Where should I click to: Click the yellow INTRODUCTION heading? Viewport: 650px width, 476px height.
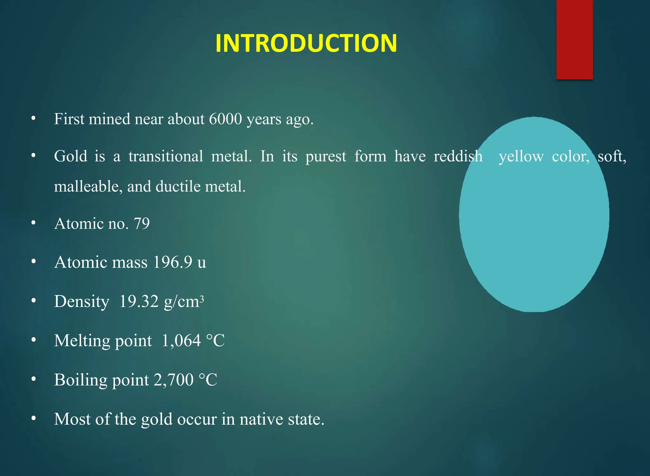[x=306, y=43]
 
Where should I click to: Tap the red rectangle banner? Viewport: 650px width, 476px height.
[x=574, y=40]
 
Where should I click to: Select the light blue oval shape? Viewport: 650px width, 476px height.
[x=534, y=215]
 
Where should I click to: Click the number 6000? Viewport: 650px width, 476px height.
[x=226, y=119]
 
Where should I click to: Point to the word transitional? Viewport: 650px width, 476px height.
[x=166, y=156]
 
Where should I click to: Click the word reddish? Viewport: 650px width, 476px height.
[x=458, y=156]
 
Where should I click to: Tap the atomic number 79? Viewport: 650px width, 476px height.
[x=142, y=224]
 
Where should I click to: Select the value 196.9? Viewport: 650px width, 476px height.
[x=173, y=262]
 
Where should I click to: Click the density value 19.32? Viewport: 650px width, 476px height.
[x=139, y=301]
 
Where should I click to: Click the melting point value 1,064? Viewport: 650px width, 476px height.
[x=181, y=341]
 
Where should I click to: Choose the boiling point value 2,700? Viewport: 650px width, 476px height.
[x=174, y=380]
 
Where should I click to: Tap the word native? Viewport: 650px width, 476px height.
[x=261, y=419]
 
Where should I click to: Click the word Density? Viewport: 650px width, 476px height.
[x=82, y=301]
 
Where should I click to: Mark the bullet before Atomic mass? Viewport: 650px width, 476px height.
[x=34, y=262]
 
